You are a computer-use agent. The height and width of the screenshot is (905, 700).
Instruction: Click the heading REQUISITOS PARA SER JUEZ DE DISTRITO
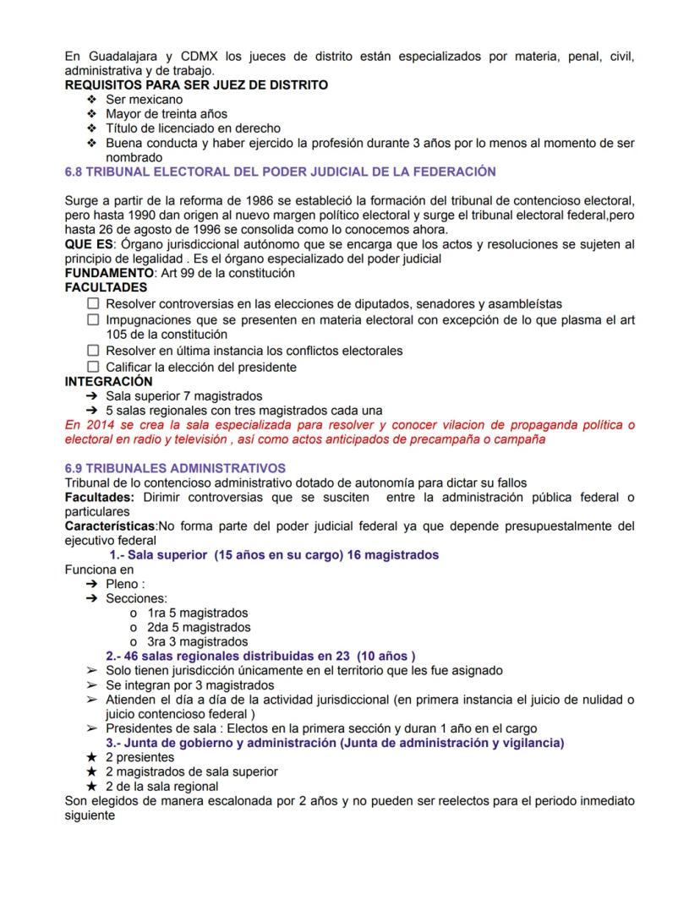(x=196, y=85)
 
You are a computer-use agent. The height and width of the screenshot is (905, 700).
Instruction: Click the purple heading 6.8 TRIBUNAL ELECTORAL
(x=280, y=172)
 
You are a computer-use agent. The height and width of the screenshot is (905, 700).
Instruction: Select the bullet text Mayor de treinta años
(x=166, y=114)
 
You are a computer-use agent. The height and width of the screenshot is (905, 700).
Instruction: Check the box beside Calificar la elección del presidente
(x=93, y=367)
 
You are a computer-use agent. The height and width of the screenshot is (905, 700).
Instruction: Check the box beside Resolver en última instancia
(x=93, y=351)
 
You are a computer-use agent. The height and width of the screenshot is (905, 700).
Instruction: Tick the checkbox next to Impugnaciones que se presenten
(x=93, y=320)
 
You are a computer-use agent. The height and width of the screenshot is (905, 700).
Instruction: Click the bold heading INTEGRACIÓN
(x=109, y=381)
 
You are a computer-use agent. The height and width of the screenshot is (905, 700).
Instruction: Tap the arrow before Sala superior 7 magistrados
(x=92, y=395)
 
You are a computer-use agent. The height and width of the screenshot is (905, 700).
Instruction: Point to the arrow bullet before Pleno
(x=92, y=584)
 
